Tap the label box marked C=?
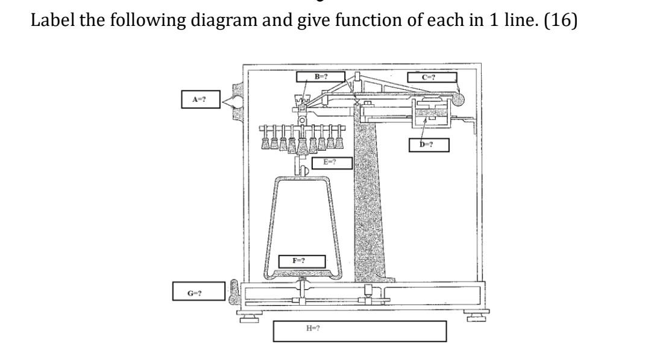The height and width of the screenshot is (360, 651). click(431, 77)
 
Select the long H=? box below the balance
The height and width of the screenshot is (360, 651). click(359, 330)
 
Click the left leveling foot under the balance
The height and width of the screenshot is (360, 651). click(248, 315)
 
